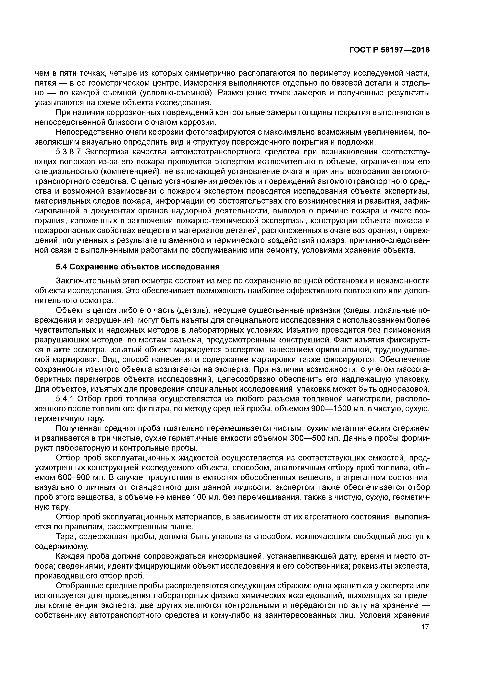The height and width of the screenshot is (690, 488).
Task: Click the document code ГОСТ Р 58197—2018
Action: pyautogui.click(x=389, y=50)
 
